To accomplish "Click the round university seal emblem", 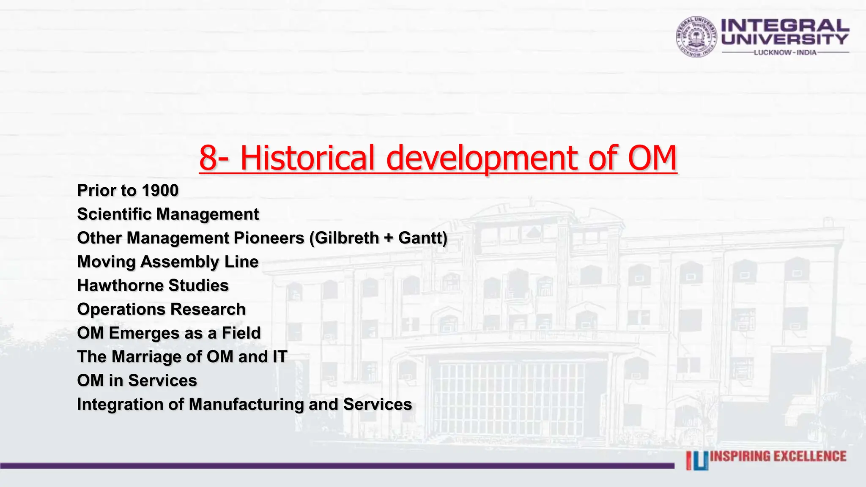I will pyautogui.click(x=696, y=37).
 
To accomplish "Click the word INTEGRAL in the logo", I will pyautogui.click(x=785, y=25).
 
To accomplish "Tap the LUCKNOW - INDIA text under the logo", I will pyautogui.click(x=785, y=52).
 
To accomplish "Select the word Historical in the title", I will pyautogui.click(x=307, y=158).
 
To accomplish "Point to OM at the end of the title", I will pyautogui.click(x=652, y=158).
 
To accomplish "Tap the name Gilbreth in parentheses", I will pyautogui.click(x=347, y=238).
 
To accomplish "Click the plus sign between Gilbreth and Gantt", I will pyautogui.click(x=388, y=238).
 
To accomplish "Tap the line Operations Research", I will pyautogui.click(x=161, y=309).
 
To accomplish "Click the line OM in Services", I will pyautogui.click(x=137, y=380).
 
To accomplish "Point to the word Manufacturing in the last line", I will pyautogui.click(x=246, y=405).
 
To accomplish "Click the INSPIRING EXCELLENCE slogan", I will pyautogui.click(x=778, y=456).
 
